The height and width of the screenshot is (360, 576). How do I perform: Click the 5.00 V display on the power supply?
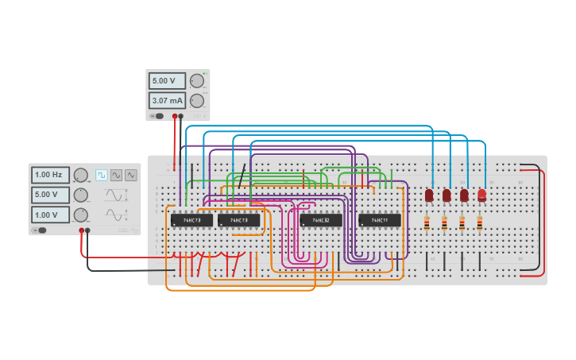pyautogui.click(x=167, y=81)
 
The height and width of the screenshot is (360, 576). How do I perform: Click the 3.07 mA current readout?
pyautogui.click(x=167, y=101)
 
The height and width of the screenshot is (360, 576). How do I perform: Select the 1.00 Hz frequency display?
pyautogui.click(x=50, y=175)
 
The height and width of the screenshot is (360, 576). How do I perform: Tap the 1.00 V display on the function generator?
pyautogui.click(x=50, y=215)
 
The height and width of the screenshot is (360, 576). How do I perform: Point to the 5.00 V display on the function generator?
pyautogui.click(x=50, y=195)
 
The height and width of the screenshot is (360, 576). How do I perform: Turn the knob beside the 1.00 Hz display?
pyautogui.click(x=80, y=175)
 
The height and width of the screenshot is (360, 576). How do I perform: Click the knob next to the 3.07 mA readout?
pyautogui.click(x=196, y=101)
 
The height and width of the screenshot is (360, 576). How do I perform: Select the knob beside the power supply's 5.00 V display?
pyautogui.click(x=196, y=81)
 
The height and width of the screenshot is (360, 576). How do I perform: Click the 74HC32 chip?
pyautogui.click(x=321, y=220)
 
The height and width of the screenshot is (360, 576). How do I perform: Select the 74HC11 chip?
pyautogui.click(x=379, y=220)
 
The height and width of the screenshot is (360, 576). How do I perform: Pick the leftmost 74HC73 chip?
pyautogui.click(x=191, y=220)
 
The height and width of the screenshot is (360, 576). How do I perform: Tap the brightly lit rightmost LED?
pyautogui.click(x=481, y=195)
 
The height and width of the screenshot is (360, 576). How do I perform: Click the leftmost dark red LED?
pyautogui.click(x=429, y=195)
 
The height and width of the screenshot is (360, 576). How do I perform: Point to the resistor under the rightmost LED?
pyautogui.click(x=480, y=224)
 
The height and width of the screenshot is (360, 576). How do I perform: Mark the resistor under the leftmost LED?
pyautogui.click(x=427, y=224)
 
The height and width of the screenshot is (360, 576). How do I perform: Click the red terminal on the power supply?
pyautogui.click(x=174, y=116)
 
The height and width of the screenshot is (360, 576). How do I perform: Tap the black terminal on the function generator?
pyautogui.click(x=87, y=230)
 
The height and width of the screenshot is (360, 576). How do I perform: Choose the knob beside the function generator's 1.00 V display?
pyautogui.click(x=80, y=215)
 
